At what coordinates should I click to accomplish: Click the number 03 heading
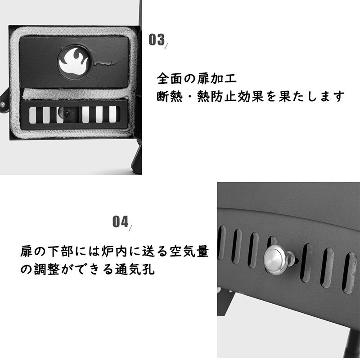click(157, 40)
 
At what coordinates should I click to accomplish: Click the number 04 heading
click(120, 221)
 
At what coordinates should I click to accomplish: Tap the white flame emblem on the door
click(73, 62)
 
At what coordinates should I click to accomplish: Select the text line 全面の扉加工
click(197, 78)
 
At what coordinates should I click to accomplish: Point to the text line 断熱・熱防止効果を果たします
click(251, 96)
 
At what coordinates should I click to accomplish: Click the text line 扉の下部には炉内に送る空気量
click(115, 251)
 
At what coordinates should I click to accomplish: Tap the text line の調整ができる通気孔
click(87, 269)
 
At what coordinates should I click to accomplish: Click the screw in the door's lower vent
click(67, 113)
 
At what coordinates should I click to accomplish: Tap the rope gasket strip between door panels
click(76, 94)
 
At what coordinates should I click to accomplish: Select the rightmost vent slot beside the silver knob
click(349, 273)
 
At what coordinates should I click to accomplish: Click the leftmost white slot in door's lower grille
click(32, 115)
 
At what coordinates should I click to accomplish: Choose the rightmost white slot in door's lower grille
click(112, 114)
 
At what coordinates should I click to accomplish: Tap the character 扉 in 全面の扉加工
click(203, 78)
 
